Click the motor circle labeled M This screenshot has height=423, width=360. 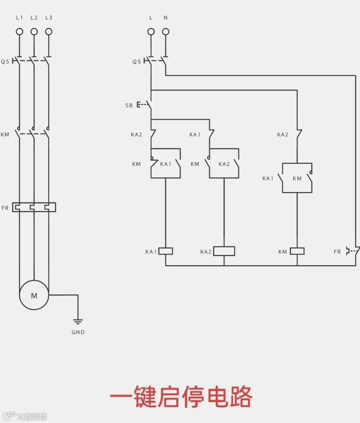pyautogui.click(x=34, y=295)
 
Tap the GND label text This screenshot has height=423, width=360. pyautogui.click(x=78, y=332)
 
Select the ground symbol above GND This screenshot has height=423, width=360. pyautogui.click(x=78, y=322)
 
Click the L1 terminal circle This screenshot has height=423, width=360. pyautogui.click(x=19, y=32)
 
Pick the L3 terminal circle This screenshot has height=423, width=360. pyautogui.click(x=49, y=32)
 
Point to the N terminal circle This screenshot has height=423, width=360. pyautogui.click(x=166, y=32)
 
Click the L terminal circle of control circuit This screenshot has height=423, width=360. pyautogui.click(x=151, y=32)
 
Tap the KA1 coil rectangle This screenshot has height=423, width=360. pyautogui.click(x=166, y=251)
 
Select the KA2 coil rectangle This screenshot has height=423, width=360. pyautogui.click(x=224, y=251)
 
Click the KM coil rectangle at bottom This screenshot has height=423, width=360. pyautogui.click(x=297, y=251)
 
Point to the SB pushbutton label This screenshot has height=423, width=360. pyautogui.click(x=129, y=105)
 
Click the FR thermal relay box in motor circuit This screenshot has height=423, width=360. pyautogui.click(x=34, y=207)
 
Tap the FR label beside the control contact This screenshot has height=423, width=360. pyautogui.click(x=337, y=252)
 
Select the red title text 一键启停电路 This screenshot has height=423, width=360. pyautogui.click(x=181, y=397)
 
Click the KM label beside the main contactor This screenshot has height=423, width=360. pyautogui.click(x=5, y=135)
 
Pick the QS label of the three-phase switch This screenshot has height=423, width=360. pyautogui.click(x=5, y=62)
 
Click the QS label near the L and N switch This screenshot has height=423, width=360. pyautogui.click(x=137, y=62)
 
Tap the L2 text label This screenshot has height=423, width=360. pyautogui.click(x=34, y=18)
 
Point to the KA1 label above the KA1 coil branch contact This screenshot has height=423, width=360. pyautogui.click(x=195, y=135)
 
